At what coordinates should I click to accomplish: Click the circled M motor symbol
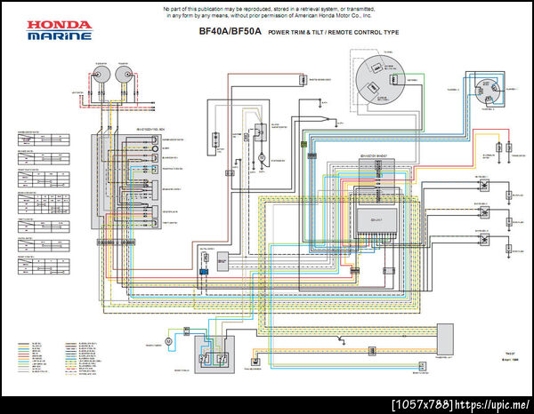168,340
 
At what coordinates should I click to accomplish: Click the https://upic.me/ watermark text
494,405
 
